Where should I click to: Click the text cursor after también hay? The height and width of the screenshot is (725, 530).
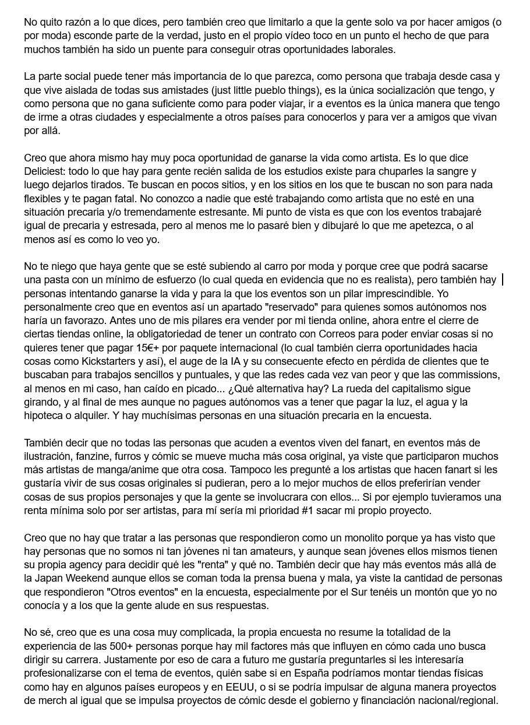point(503,280)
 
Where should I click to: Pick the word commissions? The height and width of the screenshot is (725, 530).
point(469,375)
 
